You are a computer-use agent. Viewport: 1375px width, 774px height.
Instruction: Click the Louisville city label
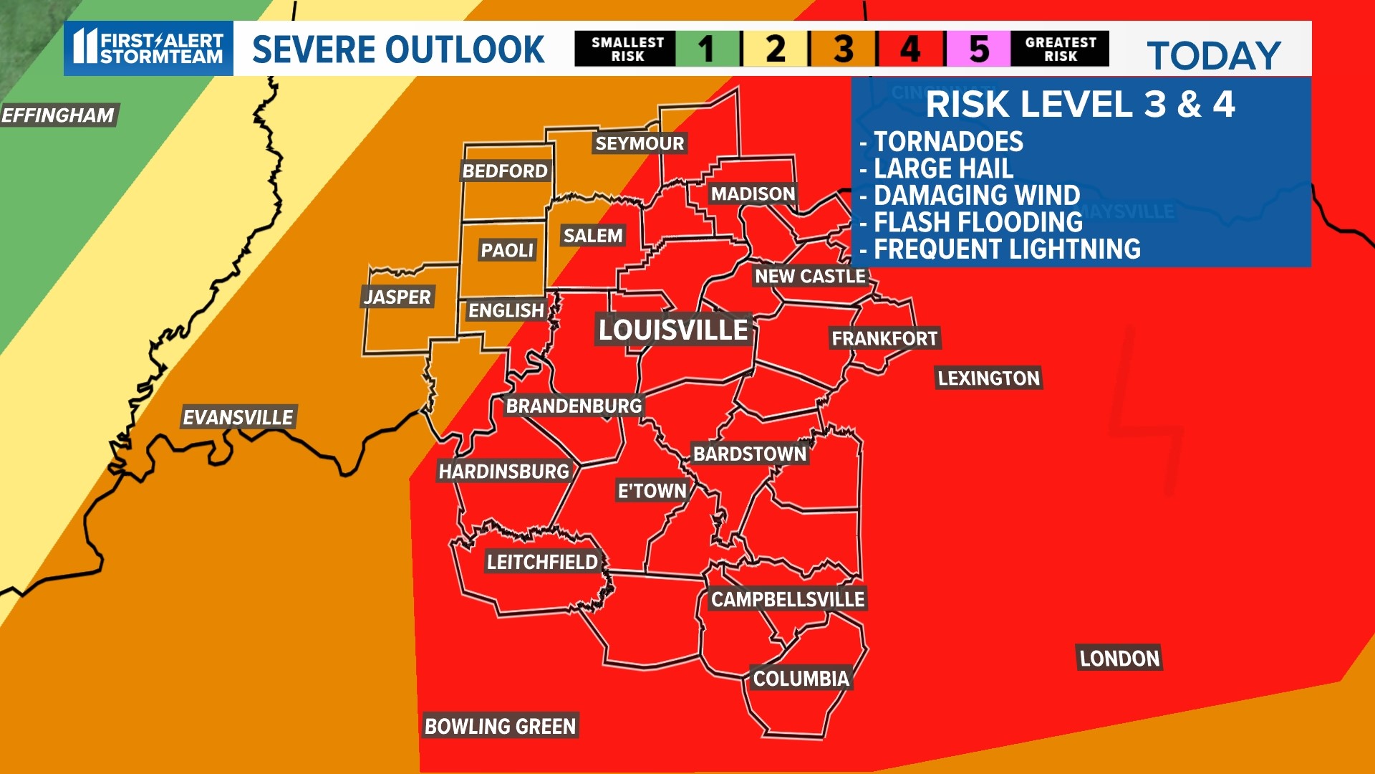pyautogui.click(x=673, y=330)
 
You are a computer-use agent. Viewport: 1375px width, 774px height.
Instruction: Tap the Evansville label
pyautogui.click(x=238, y=417)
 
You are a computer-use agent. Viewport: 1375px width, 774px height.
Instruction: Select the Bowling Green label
pyautogui.click(x=500, y=726)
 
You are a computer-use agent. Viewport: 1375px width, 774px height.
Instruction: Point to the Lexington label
pyautogui.click(x=988, y=378)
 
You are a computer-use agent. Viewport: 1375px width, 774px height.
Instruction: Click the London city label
pyautogui.click(x=1119, y=659)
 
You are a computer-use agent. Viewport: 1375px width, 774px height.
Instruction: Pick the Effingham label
pyautogui.click(x=58, y=115)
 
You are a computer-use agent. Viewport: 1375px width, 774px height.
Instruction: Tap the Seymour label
pyautogui.click(x=640, y=143)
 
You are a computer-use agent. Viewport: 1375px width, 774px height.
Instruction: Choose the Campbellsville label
pyautogui.click(x=788, y=599)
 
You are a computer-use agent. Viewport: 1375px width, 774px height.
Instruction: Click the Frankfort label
pyautogui.click(x=884, y=338)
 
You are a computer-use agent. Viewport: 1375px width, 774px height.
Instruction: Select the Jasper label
pyautogui.click(x=397, y=297)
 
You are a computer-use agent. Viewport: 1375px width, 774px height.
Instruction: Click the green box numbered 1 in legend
pyautogui.click(x=707, y=49)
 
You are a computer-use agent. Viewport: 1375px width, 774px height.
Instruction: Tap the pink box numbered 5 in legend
pyautogui.click(x=978, y=49)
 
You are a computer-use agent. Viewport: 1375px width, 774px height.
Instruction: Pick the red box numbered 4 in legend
pyautogui.click(x=911, y=49)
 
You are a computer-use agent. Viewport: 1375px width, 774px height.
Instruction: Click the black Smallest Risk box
pyautogui.click(x=627, y=49)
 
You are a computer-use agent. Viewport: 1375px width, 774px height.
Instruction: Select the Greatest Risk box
pyautogui.click(x=1060, y=49)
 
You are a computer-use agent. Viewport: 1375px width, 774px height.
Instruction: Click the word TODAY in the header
pyautogui.click(x=1214, y=56)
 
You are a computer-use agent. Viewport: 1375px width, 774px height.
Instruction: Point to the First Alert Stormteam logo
pyautogui.click(x=149, y=48)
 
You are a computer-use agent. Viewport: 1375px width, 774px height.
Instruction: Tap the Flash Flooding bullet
pyautogui.click(x=978, y=222)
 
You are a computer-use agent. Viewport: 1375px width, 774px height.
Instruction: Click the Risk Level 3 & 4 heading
pyautogui.click(x=1080, y=105)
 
